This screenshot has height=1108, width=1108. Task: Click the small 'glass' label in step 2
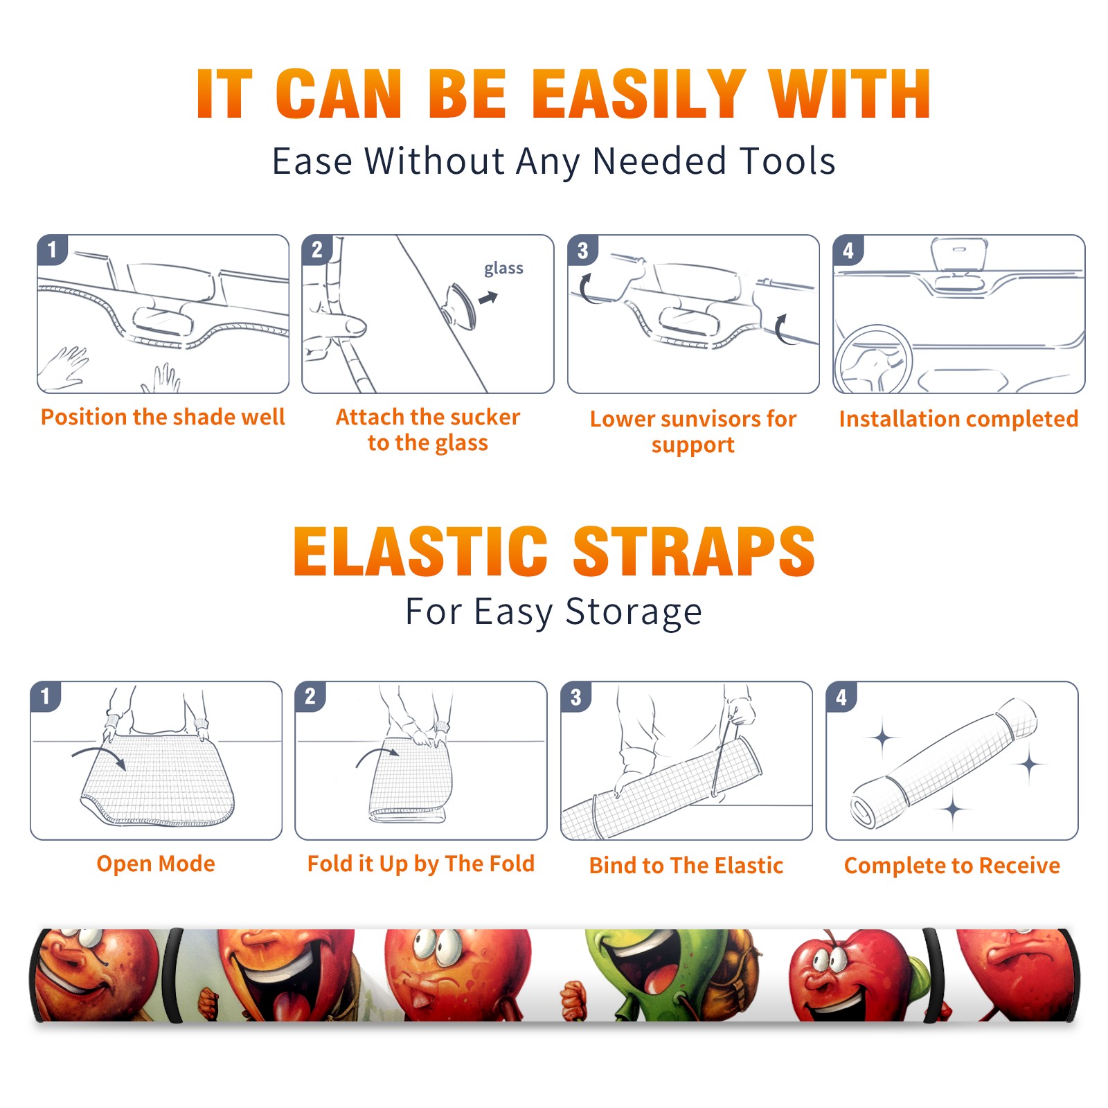point(503,269)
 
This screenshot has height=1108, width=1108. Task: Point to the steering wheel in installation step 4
point(873,359)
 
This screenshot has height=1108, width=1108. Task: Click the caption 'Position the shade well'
point(163,417)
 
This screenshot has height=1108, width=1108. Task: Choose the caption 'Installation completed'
point(958,419)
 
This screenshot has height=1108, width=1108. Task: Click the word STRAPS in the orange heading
point(694,552)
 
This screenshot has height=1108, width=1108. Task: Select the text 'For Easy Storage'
point(554,611)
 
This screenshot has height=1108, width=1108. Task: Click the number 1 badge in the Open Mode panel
point(46,696)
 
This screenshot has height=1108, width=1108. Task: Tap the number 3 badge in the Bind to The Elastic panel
point(576,697)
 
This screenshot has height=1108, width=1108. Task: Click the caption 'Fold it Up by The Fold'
point(421,864)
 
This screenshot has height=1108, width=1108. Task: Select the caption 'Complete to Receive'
point(952,866)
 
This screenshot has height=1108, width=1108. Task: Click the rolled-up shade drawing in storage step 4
point(944,764)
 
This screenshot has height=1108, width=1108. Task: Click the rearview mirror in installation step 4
point(958,255)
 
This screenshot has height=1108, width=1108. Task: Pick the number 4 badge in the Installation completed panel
point(848,250)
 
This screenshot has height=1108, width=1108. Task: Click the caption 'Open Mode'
point(156,864)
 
